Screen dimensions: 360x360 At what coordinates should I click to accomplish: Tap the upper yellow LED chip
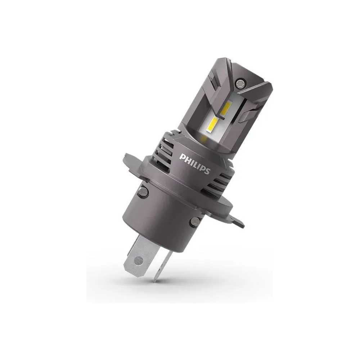pos(226,108)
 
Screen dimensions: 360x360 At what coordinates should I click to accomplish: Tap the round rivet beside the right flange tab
pos(195,221)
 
